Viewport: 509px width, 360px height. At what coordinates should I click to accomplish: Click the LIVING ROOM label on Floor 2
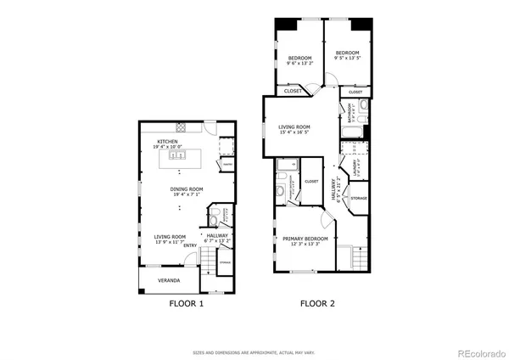tap(295, 129)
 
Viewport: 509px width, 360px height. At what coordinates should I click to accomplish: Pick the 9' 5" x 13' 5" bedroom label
tap(347, 56)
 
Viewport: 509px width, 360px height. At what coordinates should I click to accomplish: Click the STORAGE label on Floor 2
tap(358, 198)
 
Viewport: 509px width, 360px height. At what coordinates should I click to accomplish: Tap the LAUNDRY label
tap(357, 165)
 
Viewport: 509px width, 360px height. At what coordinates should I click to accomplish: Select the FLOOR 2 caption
tap(317, 303)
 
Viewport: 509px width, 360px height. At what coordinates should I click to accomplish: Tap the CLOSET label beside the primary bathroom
tap(311, 181)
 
